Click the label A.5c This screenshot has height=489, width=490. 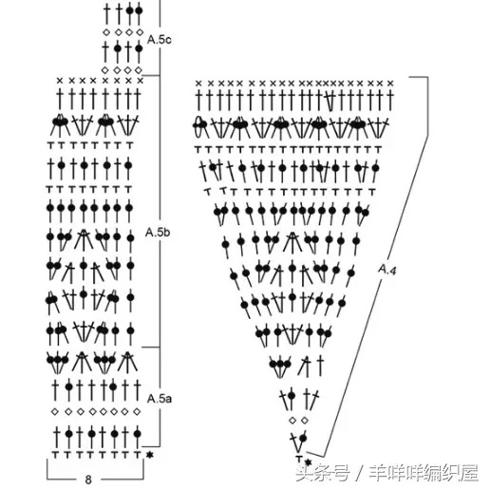[x=160, y=40]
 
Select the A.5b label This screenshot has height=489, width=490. [x=158, y=233]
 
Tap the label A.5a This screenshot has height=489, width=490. [x=160, y=399]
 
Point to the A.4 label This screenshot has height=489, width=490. [x=387, y=270]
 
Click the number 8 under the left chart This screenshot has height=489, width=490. [x=88, y=480]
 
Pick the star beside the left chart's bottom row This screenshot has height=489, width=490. [x=149, y=455]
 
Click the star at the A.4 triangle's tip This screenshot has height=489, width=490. [x=308, y=462]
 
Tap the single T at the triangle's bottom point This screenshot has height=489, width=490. [x=299, y=459]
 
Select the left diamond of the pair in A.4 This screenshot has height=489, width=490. [x=292, y=420]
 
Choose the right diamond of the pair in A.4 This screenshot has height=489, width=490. [x=305, y=420]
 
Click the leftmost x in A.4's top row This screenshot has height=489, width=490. [x=198, y=84]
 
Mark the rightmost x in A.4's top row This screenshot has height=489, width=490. [x=390, y=84]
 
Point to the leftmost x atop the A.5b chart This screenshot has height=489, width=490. [x=60, y=81]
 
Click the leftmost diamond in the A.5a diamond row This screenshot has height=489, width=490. [x=55, y=411]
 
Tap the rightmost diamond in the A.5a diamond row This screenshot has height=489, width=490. [x=137, y=411]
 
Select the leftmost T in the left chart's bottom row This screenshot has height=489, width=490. [x=55, y=455]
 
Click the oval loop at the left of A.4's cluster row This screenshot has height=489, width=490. [x=198, y=127]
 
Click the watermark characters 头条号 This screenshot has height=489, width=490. [x=323, y=473]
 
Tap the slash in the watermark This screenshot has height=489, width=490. [x=360, y=474]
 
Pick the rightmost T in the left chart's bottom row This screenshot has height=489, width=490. [x=138, y=455]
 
